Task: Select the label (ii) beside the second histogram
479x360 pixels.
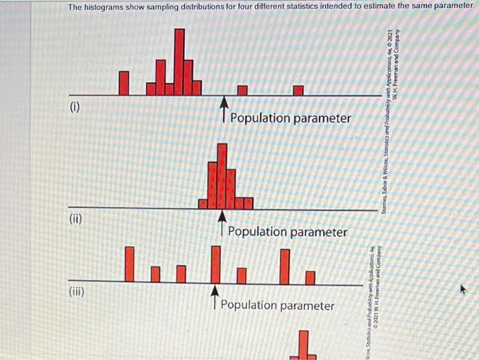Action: [x=76, y=219]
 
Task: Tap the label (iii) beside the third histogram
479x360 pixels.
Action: [x=78, y=292]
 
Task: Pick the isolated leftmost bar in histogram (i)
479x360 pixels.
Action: [x=124, y=83]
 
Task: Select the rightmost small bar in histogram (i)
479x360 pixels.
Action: [x=298, y=90]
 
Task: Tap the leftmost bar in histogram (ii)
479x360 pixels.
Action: [x=203, y=203]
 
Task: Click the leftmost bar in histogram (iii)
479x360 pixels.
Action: [x=129, y=263]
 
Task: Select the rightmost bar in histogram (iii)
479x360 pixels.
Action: [x=310, y=277]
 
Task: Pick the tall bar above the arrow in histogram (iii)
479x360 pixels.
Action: [x=216, y=263]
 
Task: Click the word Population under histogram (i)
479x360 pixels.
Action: [x=260, y=118]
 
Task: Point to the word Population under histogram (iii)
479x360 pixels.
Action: [x=249, y=305]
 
